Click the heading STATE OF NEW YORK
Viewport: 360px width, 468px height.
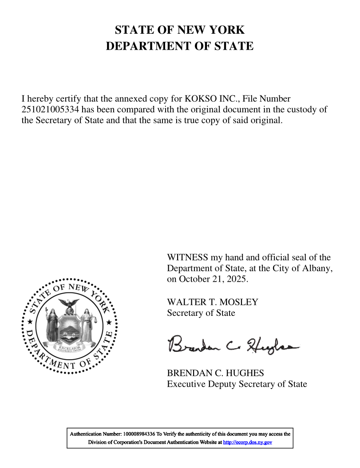[x=180, y=30]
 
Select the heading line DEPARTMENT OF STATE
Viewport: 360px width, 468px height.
[x=180, y=46]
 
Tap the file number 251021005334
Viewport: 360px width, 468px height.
[x=50, y=110]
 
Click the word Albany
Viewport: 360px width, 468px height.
[x=318, y=268]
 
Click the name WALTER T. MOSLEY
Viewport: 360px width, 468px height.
[x=212, y=302]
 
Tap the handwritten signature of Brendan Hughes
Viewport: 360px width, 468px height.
[x=233, y=344]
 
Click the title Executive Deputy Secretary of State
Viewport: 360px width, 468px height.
[x=237, y=384]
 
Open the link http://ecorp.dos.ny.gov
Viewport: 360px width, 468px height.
[x=247, y=442]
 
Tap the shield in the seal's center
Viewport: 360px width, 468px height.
[x=70, y=326]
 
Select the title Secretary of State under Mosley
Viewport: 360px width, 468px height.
[x=201, y=313]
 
